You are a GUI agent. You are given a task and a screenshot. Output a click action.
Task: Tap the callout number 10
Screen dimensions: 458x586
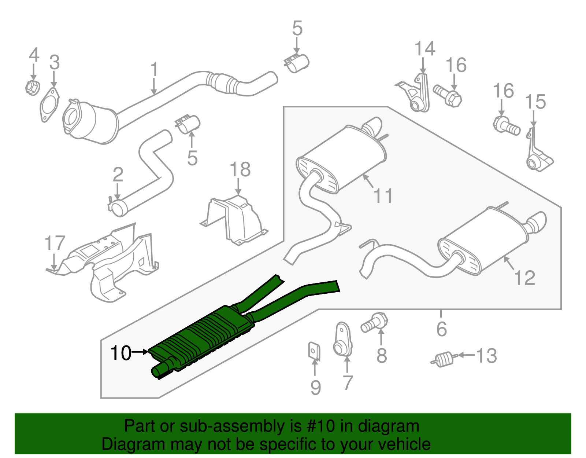(120, 353)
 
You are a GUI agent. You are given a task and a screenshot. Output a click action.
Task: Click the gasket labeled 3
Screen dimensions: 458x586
(49, 105)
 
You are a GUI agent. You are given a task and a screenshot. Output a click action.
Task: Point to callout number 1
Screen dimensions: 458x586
(154, 70)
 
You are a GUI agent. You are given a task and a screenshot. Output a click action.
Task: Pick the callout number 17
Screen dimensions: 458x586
(55, 243)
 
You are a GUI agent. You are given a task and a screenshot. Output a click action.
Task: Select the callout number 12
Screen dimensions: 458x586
(524, 278)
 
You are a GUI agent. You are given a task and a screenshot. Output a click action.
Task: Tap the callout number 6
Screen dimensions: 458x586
(441, 329)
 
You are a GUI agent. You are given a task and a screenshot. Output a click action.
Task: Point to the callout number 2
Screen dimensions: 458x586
(118, 175)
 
